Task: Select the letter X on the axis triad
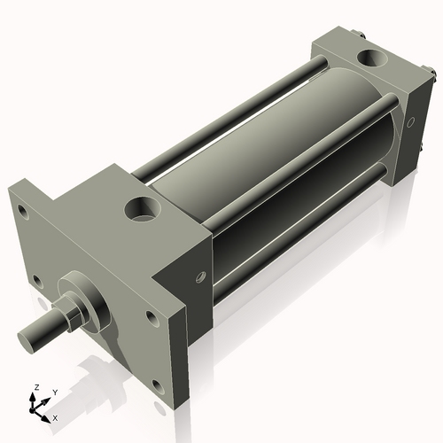pyautogui.click(x=56, y=416)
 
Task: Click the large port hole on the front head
pyautogui.click(x=141, y=210)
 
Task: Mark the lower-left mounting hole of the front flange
pyautogui.click(x=36, y=281)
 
